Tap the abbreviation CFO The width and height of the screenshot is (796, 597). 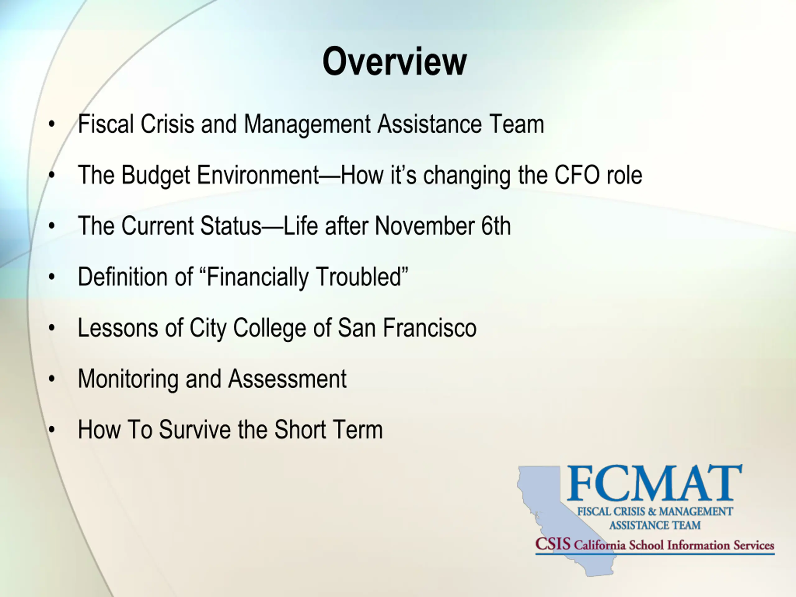pos(577,175)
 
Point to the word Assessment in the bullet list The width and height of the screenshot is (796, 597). pos(287,379)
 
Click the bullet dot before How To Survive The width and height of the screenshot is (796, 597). pos(52,430)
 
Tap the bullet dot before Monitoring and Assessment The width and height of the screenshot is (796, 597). pos(52,379)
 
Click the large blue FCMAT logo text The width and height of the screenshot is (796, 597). pos(654,483)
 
